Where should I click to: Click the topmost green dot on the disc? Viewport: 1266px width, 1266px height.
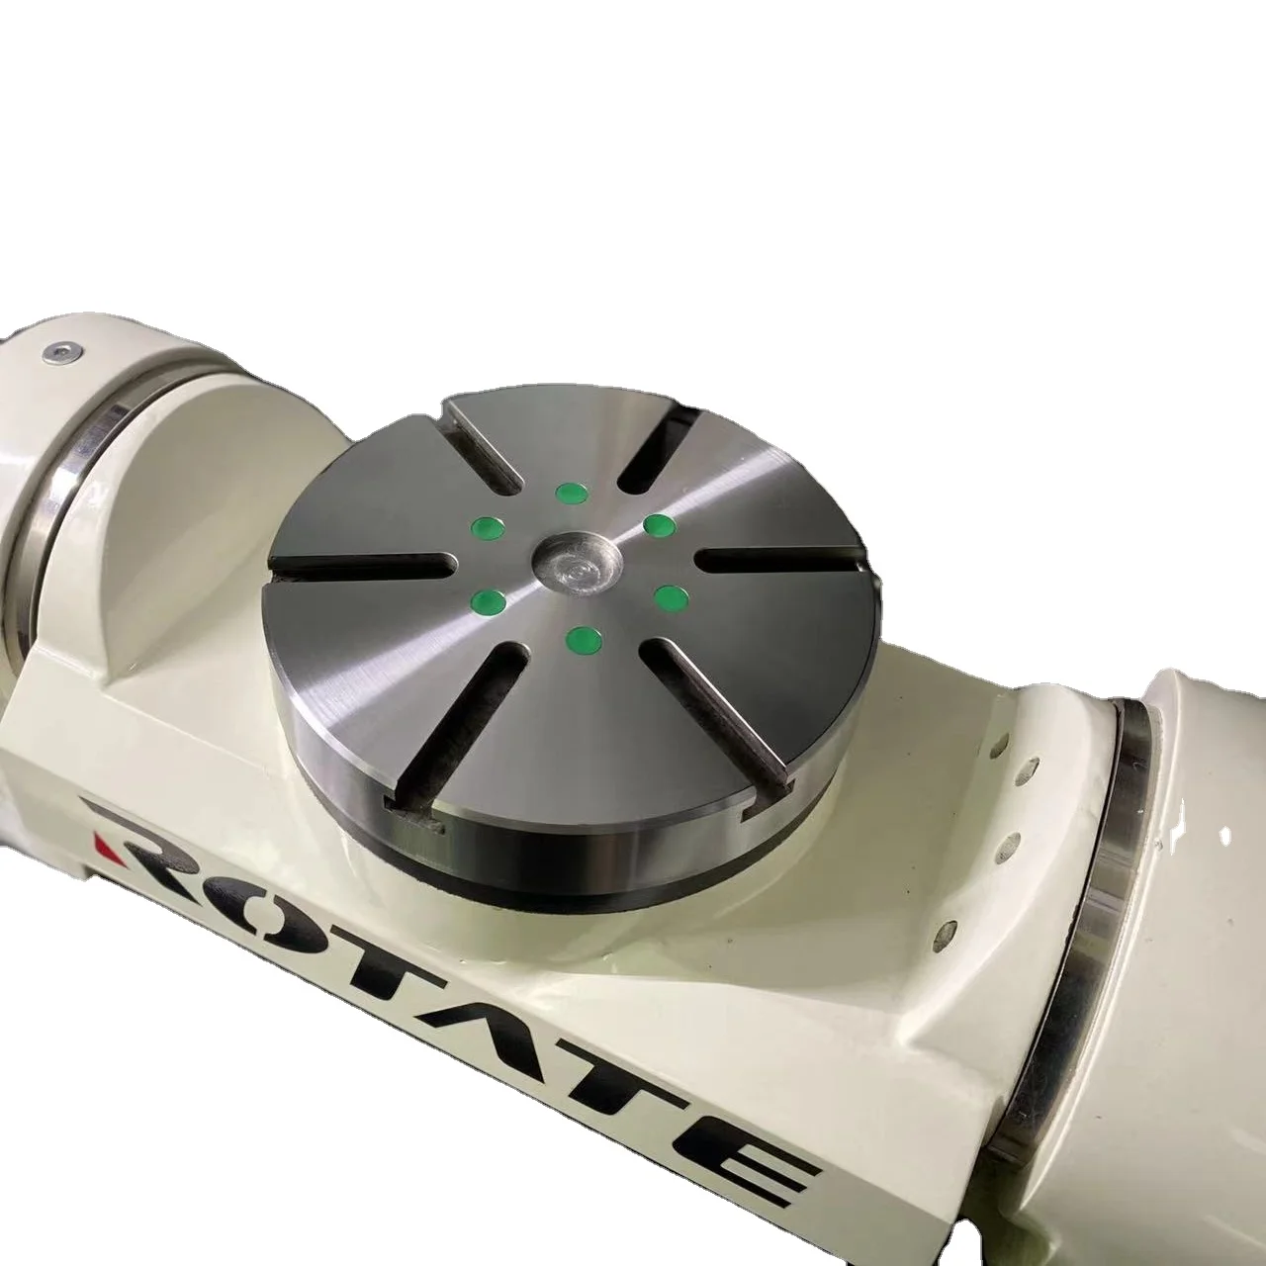pyautogui.click(x=569, y=492)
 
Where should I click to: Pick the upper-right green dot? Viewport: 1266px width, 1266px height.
pyautogui.click(x=658, y=524)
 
